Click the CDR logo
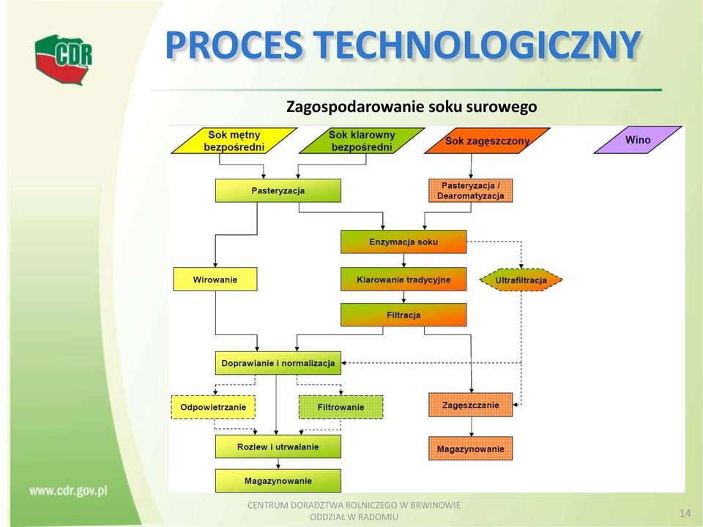coord(64,59)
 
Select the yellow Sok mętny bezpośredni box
coord(234,141)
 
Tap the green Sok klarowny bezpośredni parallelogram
coord(362,141)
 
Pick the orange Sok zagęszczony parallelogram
coord(488,141)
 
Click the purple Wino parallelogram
coord(638,140)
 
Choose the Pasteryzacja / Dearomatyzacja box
coord(471,190)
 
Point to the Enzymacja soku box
coord(403,242)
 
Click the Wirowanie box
coord(215,279)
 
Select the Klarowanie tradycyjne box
coord(403,280)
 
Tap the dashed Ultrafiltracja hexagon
coord(521,280)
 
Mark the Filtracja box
coord(403,315)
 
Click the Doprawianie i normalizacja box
coord(278,363)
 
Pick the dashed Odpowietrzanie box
coord(213,407)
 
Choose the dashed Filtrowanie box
coord(341,407)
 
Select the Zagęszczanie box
coord(471,405)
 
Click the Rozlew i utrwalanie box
coord(278,446)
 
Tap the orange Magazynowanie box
coord(471,449)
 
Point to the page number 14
coord(685,514)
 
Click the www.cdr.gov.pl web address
coord(69,491)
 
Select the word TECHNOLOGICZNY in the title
coord(475,45)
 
